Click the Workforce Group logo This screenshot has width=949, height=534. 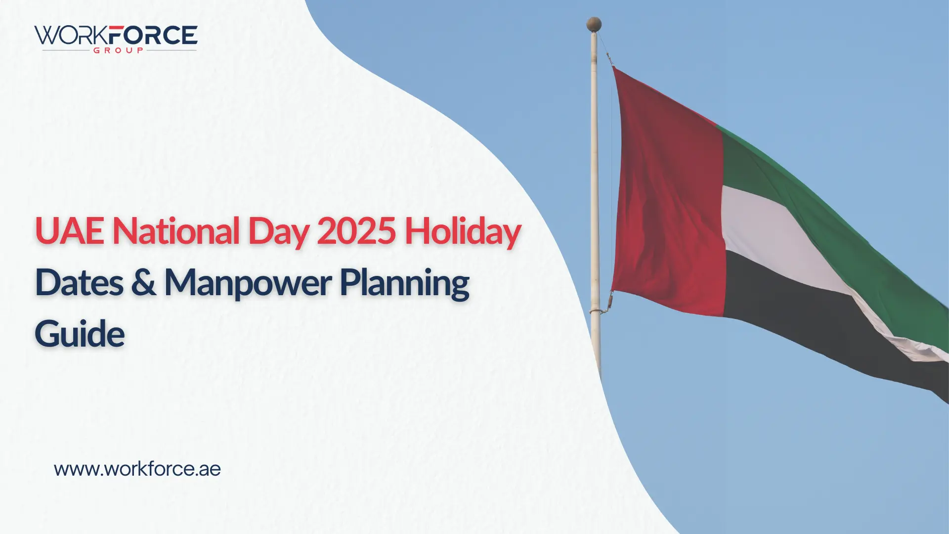point(116,39)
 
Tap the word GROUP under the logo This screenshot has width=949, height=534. point(119,50)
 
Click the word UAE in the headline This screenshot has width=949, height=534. point(69,231)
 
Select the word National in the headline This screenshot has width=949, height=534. point(176,231)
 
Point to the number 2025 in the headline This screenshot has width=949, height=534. point(356,231)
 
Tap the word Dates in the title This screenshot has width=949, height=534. point(79,283)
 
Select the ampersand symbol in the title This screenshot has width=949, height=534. point(144,283)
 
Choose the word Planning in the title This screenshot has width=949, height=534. point(404,284)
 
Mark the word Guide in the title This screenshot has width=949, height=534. point(80,334)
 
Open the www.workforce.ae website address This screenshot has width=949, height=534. point(137,469)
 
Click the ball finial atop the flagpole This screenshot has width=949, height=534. point(594,24)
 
